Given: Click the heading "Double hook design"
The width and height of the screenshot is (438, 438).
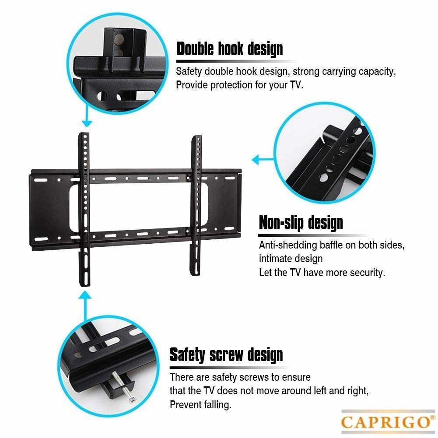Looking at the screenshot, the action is [230, 49].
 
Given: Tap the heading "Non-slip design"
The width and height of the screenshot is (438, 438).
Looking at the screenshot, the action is [301, 223].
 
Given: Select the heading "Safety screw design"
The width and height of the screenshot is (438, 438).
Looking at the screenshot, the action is [226, 355].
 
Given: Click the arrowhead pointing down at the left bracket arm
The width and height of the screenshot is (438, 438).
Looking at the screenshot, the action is [87, 123].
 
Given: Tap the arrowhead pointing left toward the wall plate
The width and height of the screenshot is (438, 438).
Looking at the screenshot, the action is [255, 160].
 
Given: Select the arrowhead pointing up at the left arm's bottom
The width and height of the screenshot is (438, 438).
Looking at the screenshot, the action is [85, 295].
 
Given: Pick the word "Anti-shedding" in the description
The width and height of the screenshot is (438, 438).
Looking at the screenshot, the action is [288, 245].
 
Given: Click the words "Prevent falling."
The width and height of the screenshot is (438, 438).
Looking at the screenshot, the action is [200, 404].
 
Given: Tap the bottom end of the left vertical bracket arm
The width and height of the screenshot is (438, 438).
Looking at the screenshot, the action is [84, 285].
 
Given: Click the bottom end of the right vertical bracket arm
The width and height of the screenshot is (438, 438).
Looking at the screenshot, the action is [196, 274].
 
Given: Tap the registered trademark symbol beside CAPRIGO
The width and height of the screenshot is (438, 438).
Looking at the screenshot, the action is [433, 417].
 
